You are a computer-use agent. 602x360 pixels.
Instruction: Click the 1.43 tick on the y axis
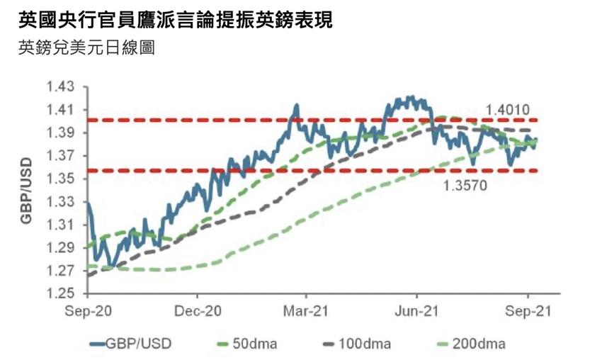pyautogui.click(x=60, y=87)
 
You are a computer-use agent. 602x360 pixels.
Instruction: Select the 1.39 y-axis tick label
pyautogui.click(x=60, y=133)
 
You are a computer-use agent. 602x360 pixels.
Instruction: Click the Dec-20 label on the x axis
pyautogui.click(x=198, y=311)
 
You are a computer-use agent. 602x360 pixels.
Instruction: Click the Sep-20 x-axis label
pyautogui.click(x=89, y=311)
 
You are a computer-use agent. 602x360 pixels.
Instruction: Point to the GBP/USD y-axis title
pyautogui.click(x=25, y=190)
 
